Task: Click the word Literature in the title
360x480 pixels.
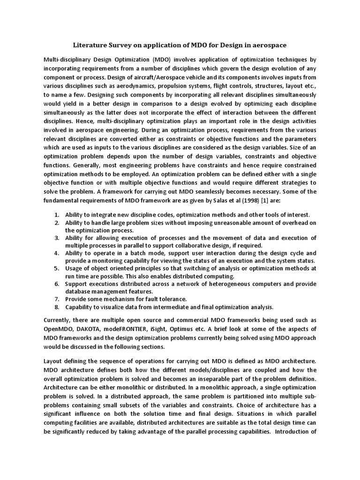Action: pyautogui.click(x=90, y=45)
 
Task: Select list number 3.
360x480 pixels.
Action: pyautogui.click(x=56, y=238)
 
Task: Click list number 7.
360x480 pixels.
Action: pyautogui.click(x=56, y=299)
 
